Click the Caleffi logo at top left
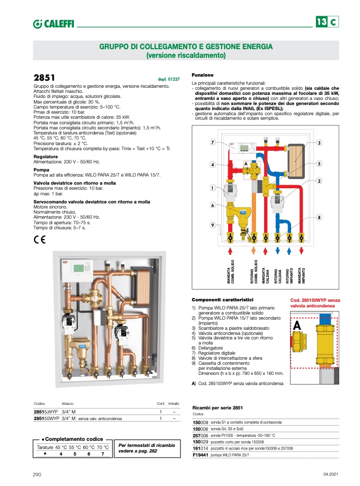[53, 23]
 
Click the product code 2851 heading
[44, 78]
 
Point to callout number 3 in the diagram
[319, 143]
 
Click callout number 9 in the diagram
[212, 225]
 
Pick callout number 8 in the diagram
[319, 218]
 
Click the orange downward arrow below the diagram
[254, 251]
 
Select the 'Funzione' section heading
[202, 75]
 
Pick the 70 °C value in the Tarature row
[102, 447]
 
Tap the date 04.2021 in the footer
[330, 474]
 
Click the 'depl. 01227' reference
[169, 80]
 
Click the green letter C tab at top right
[333, 22]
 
